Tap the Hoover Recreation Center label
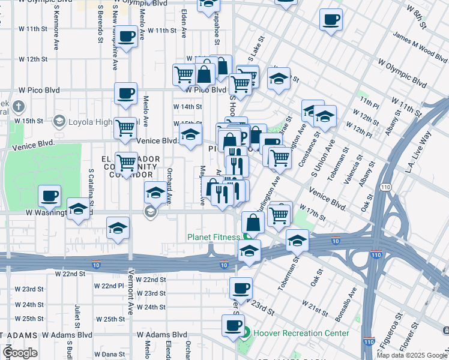click(x=301, y=332)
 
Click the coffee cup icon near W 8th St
click(x=330, y=20)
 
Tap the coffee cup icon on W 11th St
click(x=127, y=37)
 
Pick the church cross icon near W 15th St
click(x=19, y=107)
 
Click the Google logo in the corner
click(x=20, y=352)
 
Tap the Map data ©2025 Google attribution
click(x=412, y=355)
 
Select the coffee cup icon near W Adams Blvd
click(x=233, y=327)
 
